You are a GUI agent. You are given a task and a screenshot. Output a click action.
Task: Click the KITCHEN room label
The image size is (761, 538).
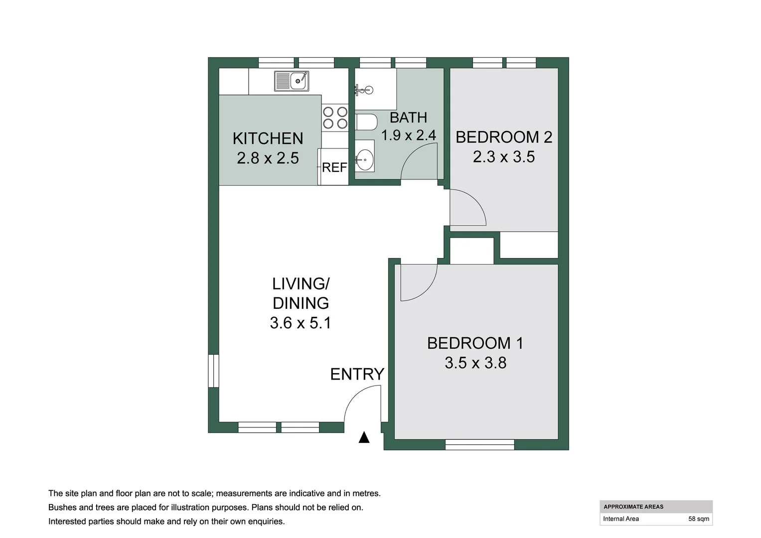[x=268, y=138]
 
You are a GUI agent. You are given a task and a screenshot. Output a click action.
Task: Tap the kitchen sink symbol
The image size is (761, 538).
[x=292, y=81]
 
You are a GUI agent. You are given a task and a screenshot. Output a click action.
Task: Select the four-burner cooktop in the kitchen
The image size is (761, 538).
[x=335, y=118]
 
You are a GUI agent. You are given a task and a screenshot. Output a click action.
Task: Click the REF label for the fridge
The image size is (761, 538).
[x=334, y=167]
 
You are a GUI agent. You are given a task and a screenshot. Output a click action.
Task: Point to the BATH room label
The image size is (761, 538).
[x=408, y=118]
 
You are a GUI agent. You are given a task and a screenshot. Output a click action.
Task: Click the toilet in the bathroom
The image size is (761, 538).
[x=366, y=122]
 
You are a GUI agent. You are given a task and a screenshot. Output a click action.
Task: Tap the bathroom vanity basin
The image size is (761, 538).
[x=364, y=159]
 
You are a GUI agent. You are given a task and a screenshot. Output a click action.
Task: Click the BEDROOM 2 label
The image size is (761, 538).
[x=504, y=137]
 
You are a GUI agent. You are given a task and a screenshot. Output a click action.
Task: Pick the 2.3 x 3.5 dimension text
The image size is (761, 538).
[x=504, y=157]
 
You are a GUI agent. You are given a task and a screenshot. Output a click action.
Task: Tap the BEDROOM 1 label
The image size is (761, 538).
[x=475, y=343]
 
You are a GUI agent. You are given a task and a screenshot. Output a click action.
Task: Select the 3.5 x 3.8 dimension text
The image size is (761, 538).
[x=475, y=363]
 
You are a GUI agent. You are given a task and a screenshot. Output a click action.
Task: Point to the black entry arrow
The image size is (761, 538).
[x=364, y=437]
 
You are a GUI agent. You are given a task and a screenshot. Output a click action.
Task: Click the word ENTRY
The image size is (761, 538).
[x=357, y=374]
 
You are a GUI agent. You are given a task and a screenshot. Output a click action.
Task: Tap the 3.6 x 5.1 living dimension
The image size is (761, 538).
[x=301, y=323]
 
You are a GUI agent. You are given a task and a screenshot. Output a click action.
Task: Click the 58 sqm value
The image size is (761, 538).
[x=699, y=519]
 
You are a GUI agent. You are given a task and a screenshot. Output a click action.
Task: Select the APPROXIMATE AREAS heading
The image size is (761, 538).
[x=633, y=507]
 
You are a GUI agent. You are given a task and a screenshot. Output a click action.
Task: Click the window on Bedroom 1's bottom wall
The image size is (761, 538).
[x=480, y=444]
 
